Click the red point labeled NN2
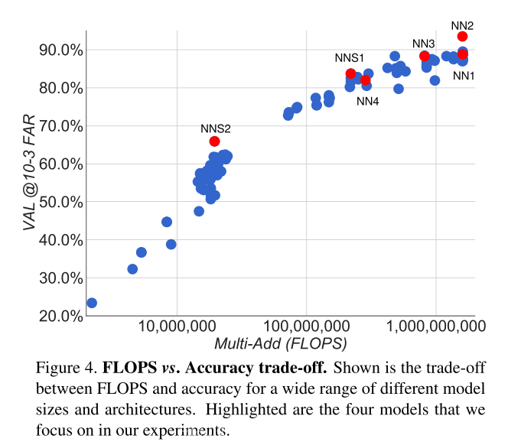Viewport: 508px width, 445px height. (x=463, y=37)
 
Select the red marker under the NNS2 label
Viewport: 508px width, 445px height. (x=214, y=141)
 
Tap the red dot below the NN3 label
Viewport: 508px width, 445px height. (x=425, y=56)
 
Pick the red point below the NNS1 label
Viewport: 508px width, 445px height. (x=350, y=73)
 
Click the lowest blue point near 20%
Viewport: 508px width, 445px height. (x=92, y=303)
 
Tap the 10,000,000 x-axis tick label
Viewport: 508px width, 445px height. (x=177, y=328)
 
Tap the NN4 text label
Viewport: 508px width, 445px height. (x=367, y=101)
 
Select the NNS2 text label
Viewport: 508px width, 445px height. (x=215, y=128)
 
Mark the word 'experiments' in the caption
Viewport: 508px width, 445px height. (x=190, y=430)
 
